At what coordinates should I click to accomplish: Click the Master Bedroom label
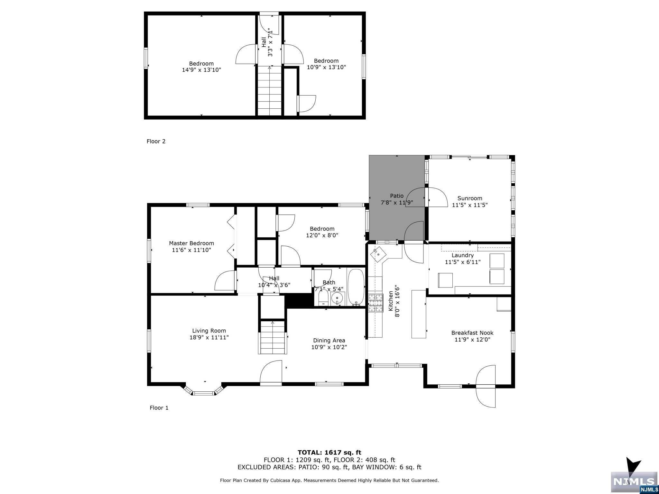pos(191,243)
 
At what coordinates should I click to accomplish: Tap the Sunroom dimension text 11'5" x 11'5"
pos(470,205)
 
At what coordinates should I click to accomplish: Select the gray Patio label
pos(396,196)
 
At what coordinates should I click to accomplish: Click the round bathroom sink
pos(337,298)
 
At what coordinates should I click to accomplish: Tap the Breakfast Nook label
pos(472,333)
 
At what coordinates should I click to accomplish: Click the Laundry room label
pos(462,255)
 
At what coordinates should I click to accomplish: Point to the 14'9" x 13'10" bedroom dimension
pos(201,70)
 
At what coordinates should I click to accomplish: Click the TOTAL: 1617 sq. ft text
pos(329,453)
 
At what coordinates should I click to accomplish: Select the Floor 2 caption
pos(156,141)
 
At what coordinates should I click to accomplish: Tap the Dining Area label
pos(329,340)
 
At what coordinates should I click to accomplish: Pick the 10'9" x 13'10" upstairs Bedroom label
pos(326,61)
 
